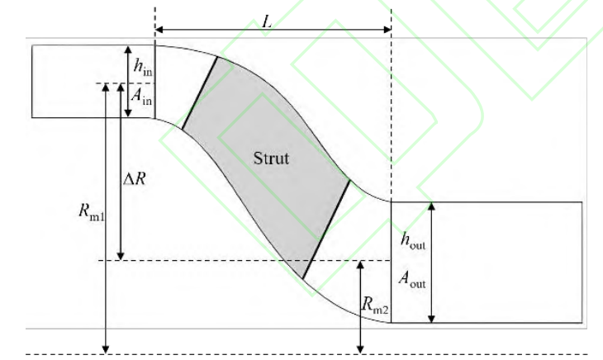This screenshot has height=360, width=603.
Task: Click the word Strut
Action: [x=271, y=158]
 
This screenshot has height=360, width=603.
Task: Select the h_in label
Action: [x=143, y=67]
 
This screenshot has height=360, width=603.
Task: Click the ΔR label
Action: [x=135, y=178]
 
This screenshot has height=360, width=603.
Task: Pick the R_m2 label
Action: [x=376, y=306]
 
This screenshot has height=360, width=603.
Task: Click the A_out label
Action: [x=413, y=280]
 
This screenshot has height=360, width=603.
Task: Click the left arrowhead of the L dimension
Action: [x=158, y=30]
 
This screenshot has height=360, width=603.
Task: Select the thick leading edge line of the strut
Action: [x=200, y=93]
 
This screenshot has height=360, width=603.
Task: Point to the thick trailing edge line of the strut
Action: [x=325, y=228]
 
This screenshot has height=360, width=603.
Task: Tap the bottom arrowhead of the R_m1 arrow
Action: [x=105, y=349]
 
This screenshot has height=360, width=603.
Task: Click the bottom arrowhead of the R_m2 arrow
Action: [x=361, y=349]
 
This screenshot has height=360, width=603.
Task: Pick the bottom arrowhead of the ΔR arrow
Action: [x=121, y=256]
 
